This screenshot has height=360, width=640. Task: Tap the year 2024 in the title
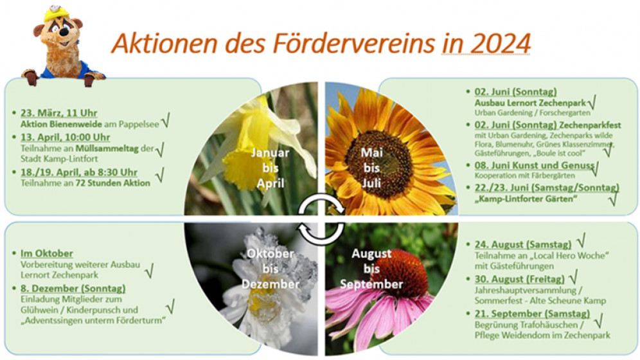tap(500, 43)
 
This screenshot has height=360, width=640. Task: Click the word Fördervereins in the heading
tap(354, 43)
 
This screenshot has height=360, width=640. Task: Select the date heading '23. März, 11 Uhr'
tap(58, 113)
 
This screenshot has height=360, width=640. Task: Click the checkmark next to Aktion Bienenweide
tap(166, 120)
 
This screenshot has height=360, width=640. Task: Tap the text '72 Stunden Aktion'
tap(112, 183)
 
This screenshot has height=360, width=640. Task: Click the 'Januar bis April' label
tap(271, 168)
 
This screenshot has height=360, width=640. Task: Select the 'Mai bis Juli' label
tap(372, 168)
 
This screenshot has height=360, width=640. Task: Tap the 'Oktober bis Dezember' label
tap(271, 269)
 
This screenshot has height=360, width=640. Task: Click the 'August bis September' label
tap(371, 269)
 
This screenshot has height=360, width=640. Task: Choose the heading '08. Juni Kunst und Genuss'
tap(534, 165)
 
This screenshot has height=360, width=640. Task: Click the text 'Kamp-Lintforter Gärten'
tap(526, 199)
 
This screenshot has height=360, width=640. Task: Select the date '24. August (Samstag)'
tap(523, 244)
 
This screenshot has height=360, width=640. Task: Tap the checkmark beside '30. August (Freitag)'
tap(573, 277)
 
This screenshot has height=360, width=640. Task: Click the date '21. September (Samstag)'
tap(532, 314)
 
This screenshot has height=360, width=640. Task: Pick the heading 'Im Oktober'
tap(47, 253)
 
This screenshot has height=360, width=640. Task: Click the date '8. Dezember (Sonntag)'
tap(73, 288)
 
